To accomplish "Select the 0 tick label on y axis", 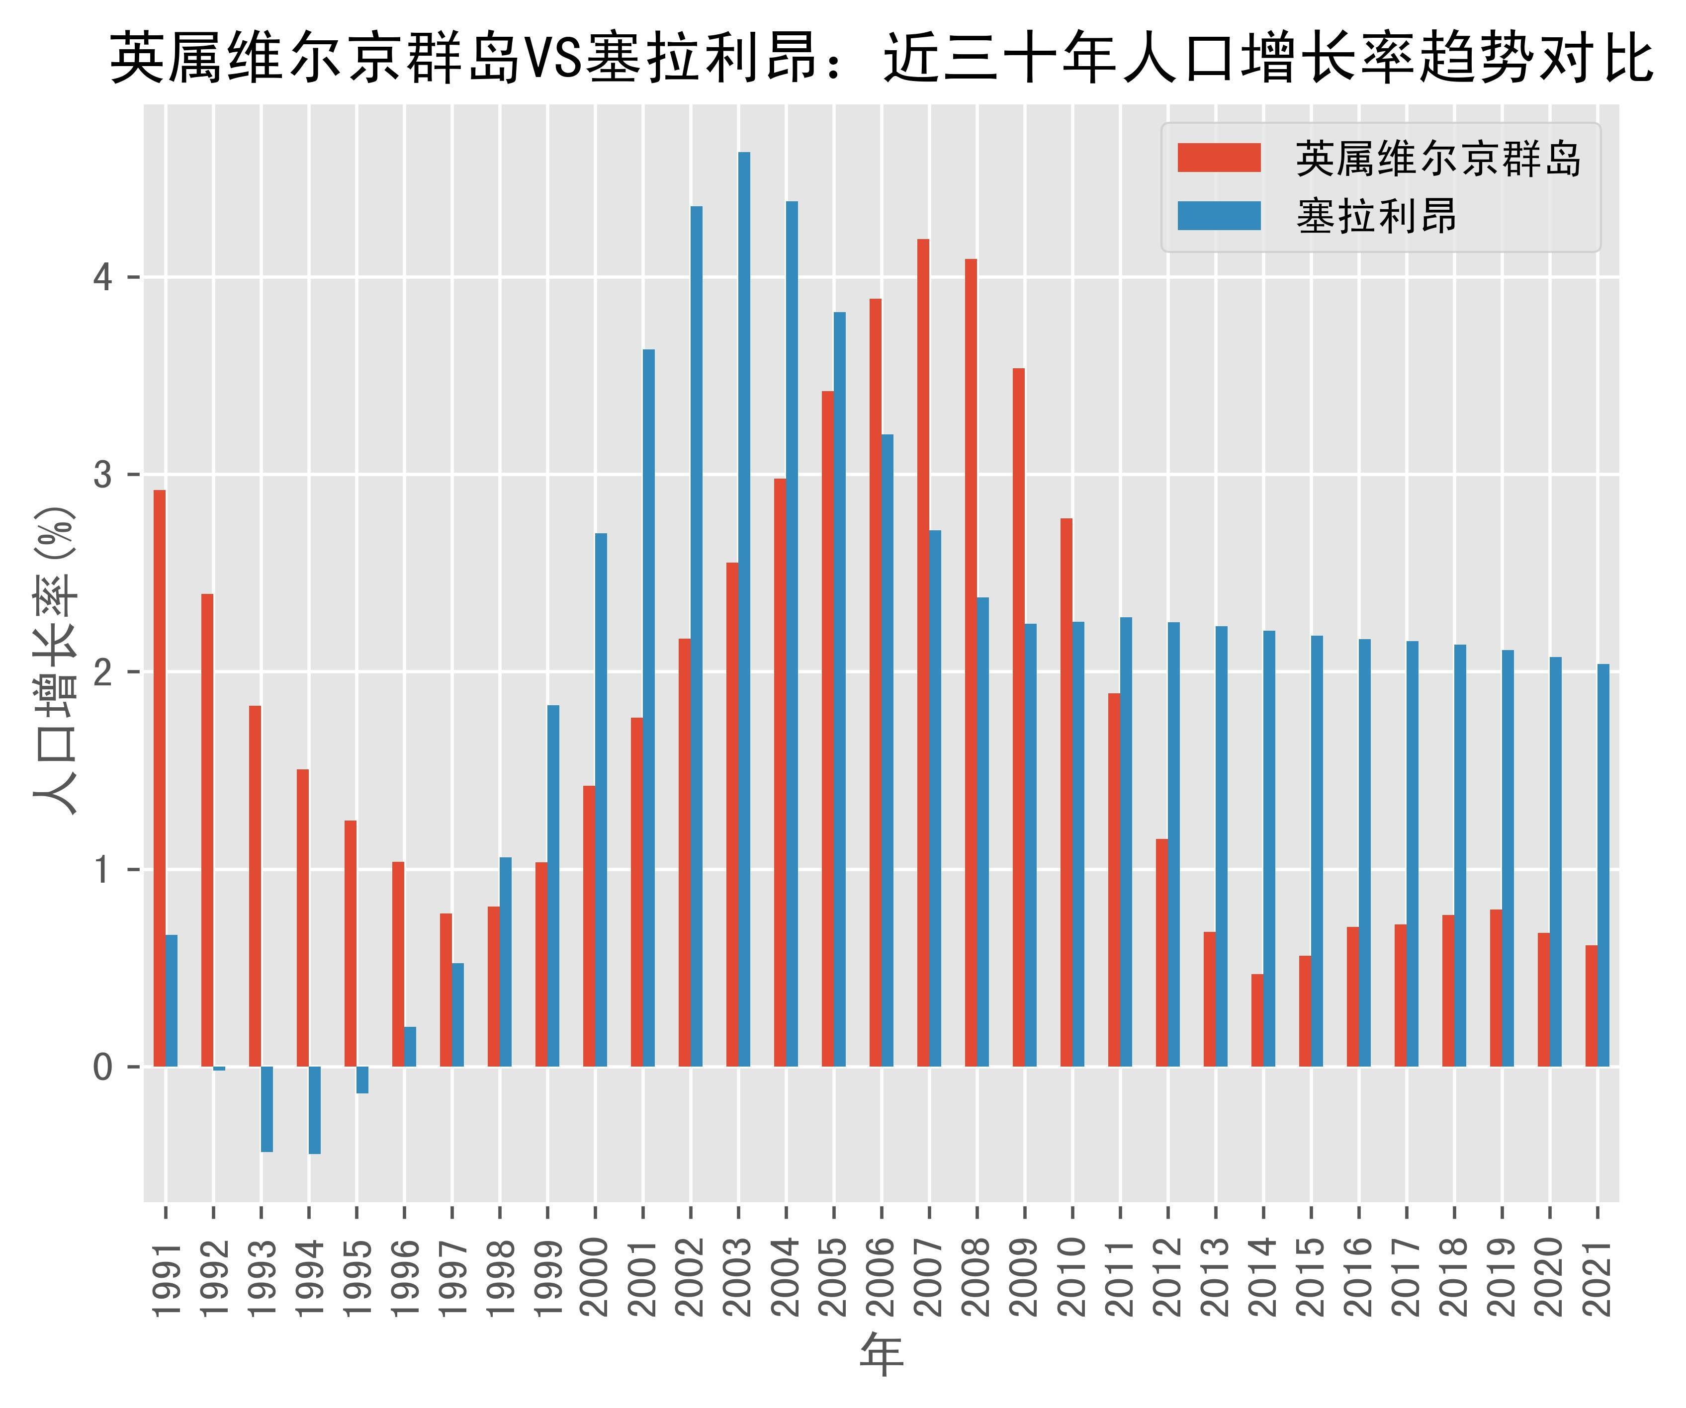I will (102, 1067).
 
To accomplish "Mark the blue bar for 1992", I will (219, 1069).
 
